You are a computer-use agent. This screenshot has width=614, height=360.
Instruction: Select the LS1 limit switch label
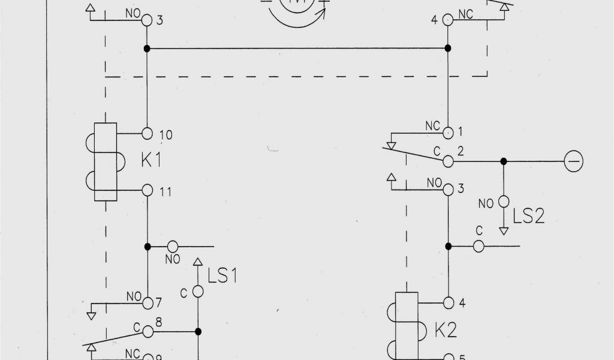[222, 276]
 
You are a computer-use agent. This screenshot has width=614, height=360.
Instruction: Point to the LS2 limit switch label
[528, 215]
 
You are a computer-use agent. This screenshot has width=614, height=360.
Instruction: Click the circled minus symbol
[574, 161]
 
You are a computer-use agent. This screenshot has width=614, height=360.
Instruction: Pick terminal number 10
[166, 135]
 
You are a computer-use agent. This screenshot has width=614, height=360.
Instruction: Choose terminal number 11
[166, 192]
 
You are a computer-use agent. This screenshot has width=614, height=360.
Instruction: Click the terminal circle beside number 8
[148, 331]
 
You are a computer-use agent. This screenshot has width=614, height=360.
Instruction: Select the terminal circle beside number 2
[448, 161]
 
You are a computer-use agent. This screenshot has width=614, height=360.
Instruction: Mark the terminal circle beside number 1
[448, 131]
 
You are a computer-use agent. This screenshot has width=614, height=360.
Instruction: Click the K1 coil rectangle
[105, 162]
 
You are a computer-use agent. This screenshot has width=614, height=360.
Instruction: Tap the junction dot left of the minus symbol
[504, 161]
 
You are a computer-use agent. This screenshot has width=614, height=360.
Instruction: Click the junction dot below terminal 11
[148, 246]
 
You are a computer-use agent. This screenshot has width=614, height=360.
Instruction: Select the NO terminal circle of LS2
[504, 202]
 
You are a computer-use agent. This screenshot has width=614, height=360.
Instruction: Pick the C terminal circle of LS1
[198, 292]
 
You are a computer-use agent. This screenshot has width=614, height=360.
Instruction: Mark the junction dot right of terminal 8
[198, 331]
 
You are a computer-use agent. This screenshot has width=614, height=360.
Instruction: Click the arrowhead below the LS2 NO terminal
[504, 230]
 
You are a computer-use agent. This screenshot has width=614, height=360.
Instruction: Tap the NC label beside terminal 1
[432, 126]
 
